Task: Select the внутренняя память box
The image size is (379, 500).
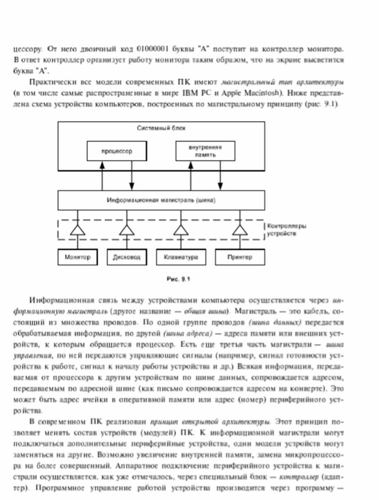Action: (x=205, y=151)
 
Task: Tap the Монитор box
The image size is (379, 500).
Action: (x=78, y=257)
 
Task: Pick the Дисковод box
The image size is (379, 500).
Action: (x=126, y=257)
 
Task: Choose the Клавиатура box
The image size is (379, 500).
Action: (x=181, y=257)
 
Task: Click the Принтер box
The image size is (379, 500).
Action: (x=240, y=257)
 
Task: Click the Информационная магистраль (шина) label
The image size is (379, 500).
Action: (x=161, y=201)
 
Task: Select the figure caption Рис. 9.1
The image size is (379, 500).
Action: (x=178, y=279)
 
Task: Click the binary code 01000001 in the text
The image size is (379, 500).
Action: (x=154, y=49)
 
